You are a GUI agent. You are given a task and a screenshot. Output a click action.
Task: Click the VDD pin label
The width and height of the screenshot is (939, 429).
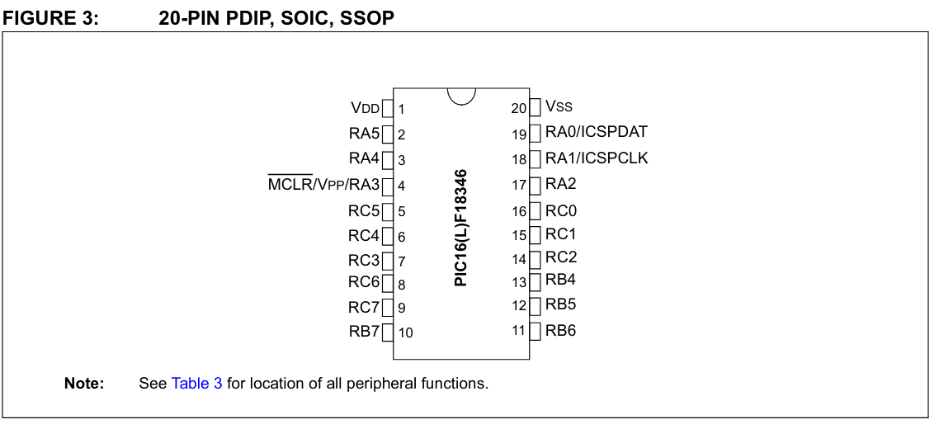click(x=365, y=108)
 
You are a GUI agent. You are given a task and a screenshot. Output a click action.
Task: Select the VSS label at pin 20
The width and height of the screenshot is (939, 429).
click(x=559, y=106)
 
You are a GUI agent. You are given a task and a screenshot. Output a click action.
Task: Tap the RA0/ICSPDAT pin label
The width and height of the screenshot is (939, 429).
click(x=596, y=132)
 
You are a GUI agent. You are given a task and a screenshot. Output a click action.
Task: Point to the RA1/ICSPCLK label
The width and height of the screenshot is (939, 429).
click(x=597, y=158)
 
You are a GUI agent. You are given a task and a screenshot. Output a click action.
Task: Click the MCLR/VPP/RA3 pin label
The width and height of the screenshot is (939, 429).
click(x=323, y=185)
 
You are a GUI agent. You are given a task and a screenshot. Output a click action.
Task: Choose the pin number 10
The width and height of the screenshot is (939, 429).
click(x=405, y=333)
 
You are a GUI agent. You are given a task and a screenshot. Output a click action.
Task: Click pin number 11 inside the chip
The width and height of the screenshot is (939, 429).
click(x=518, y=331)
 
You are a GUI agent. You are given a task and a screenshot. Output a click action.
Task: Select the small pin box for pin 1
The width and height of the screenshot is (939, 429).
click(x=387, y=108)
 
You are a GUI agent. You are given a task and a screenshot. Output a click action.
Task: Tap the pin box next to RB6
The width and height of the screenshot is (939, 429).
click(x=535, y=331)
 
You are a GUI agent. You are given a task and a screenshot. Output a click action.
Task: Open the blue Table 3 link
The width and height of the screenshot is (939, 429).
click(x=196, y=384)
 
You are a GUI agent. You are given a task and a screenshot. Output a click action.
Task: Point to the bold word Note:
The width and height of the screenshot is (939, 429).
click(x=84, y=384)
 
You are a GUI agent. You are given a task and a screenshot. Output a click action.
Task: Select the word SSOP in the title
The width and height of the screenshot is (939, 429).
click(x=368, y=17)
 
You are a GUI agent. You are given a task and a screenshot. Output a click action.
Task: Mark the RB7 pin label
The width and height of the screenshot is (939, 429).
click(x=364, y=332)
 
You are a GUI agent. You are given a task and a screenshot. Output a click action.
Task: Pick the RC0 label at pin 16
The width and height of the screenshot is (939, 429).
click(x=561, y=211)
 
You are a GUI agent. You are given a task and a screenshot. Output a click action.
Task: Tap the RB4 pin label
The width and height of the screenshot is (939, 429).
click(x=560, y=280)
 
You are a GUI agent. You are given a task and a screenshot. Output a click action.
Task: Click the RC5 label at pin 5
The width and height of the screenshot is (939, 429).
click(x=364, y=211)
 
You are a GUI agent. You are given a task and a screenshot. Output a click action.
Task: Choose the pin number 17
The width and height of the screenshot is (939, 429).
click(x=518, y=186)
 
